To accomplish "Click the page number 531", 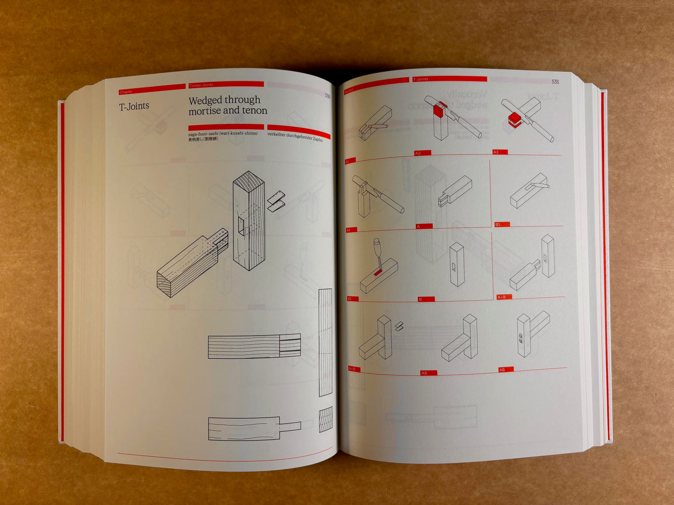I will (555, 82).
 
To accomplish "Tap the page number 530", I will (327, 96).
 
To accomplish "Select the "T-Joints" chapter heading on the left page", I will (134, 106).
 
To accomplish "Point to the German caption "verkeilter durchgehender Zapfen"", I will (295, 137).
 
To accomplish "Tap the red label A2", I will (418, 153).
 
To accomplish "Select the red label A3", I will (496, 152).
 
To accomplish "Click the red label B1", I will (498, 225).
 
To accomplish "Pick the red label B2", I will (350, 299).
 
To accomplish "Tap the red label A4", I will (348, 230).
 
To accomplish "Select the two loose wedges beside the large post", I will (277, 201).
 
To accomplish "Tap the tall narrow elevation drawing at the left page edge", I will (325, 342).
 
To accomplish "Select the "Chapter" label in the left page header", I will (126, 92).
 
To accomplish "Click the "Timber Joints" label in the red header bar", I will (202, 85).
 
